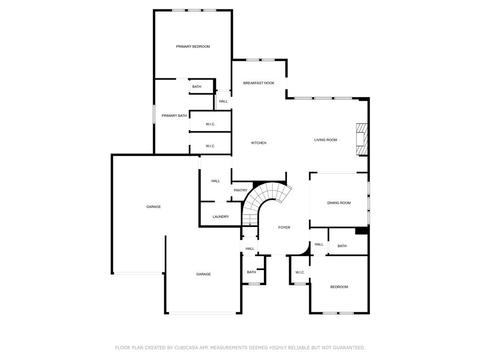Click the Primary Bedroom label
point(193,46)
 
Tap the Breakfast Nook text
point(259,83)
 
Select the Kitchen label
point(259,143)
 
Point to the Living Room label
point(325,140)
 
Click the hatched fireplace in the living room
point(362,139)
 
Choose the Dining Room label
point(339,203)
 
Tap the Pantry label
point(240,190)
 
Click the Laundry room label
point(221,217)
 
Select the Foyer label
point(284,227)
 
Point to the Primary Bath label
point(174,116)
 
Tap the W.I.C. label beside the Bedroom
point(300,272)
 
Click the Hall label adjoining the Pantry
point(216,181)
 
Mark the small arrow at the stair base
point(250,225)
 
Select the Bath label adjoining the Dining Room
point(342,246)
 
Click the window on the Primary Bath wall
point(154,114)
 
